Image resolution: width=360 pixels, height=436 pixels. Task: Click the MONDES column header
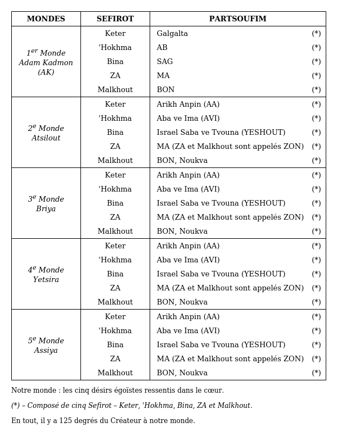pyautogui.click(x=46, y=19)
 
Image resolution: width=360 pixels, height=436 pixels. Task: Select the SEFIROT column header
pyautogui.click(x=115, y=19)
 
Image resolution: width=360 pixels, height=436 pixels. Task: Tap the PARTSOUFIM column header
pyautogui.click(x=238, y=19)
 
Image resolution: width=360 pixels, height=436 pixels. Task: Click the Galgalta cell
pyautogui.click(x=172, y=34)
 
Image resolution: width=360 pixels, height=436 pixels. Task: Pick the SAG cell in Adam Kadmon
pyautogui.click(x=165, y=62)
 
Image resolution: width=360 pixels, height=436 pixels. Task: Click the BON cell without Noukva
pyautogui.click(x=165, y=90)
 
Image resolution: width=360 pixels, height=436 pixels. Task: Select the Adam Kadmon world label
pyautogui.click(x=46, y=62)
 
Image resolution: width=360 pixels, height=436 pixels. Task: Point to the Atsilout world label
pyautogui.click(x=46, y=133)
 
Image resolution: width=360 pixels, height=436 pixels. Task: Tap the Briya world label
pyautogui.click(x=46, y=204)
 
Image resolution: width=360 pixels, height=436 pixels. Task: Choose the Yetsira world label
pyautogui.click(x=46, y=275)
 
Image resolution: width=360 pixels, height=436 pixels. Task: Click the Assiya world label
pyautogui.click(x=46, y=346)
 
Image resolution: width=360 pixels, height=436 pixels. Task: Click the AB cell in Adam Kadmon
pyautogui.click(x=162, y=48)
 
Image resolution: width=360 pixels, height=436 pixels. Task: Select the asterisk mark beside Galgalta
pyautogui.click(x=317, y=34)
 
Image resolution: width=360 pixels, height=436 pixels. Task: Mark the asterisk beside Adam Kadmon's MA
pyautogui.click(x=317, y=76)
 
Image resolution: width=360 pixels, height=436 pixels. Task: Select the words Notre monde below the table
pyautogui.click(x=33, y=390)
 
